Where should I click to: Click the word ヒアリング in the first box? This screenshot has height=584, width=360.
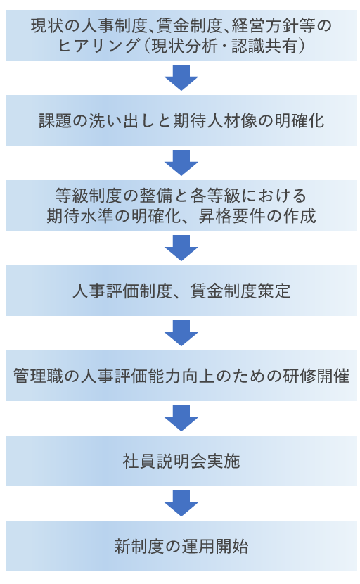coord(98,46)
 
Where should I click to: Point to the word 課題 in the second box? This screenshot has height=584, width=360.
coord(56,121)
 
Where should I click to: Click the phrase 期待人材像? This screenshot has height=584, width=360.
coord(214,121)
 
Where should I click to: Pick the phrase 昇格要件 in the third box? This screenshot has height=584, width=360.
coord(231,215)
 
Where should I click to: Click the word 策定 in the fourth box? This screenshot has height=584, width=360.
coord(274,291)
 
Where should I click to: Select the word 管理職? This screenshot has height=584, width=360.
coord(39,376)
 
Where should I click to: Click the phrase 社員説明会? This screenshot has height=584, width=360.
coord(165,461)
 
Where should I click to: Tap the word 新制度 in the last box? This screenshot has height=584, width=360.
coord(139,547)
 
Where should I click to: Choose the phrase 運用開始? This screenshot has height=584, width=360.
coord(215,547)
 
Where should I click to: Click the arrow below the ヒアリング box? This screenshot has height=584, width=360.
coord(181,78)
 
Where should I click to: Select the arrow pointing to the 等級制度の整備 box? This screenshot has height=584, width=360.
coord(181,163)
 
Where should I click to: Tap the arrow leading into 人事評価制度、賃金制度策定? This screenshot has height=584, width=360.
coord(181,248)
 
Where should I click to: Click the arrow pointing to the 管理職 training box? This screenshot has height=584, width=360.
coord(181,334)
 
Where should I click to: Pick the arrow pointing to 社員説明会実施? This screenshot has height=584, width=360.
coord(181,418)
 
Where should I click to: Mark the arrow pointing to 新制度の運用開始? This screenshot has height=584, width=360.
coord(181,504)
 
